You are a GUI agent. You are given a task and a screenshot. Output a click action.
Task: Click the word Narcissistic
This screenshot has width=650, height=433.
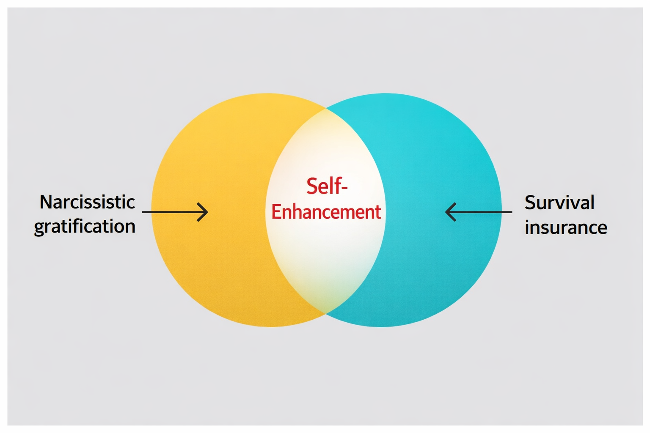[x=87, y=202]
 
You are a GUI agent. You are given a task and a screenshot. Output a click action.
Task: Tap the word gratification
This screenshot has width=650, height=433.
[x=85, y=227]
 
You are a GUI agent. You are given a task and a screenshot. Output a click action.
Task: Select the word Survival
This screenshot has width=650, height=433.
[x=559, y=203]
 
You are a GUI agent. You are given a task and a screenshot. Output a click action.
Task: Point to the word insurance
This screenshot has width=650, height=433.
[x=566, y=227]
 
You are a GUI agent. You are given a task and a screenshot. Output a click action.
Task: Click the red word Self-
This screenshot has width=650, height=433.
[x=326, y=186]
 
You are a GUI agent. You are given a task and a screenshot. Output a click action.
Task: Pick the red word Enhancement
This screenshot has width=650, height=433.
[x=326, y=212]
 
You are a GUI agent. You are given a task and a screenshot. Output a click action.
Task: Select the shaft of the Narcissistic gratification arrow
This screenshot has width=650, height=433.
[x=169, y=212]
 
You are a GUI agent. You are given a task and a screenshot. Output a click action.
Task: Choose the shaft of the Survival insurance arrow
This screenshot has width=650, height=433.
[x=482, y=212]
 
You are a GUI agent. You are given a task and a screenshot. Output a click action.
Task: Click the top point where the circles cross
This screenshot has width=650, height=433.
[x=326, y=108]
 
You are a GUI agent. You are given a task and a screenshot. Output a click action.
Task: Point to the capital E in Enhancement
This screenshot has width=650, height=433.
[x=276, y=212]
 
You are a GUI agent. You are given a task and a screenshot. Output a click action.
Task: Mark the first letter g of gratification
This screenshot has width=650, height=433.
[x=39, y=229]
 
